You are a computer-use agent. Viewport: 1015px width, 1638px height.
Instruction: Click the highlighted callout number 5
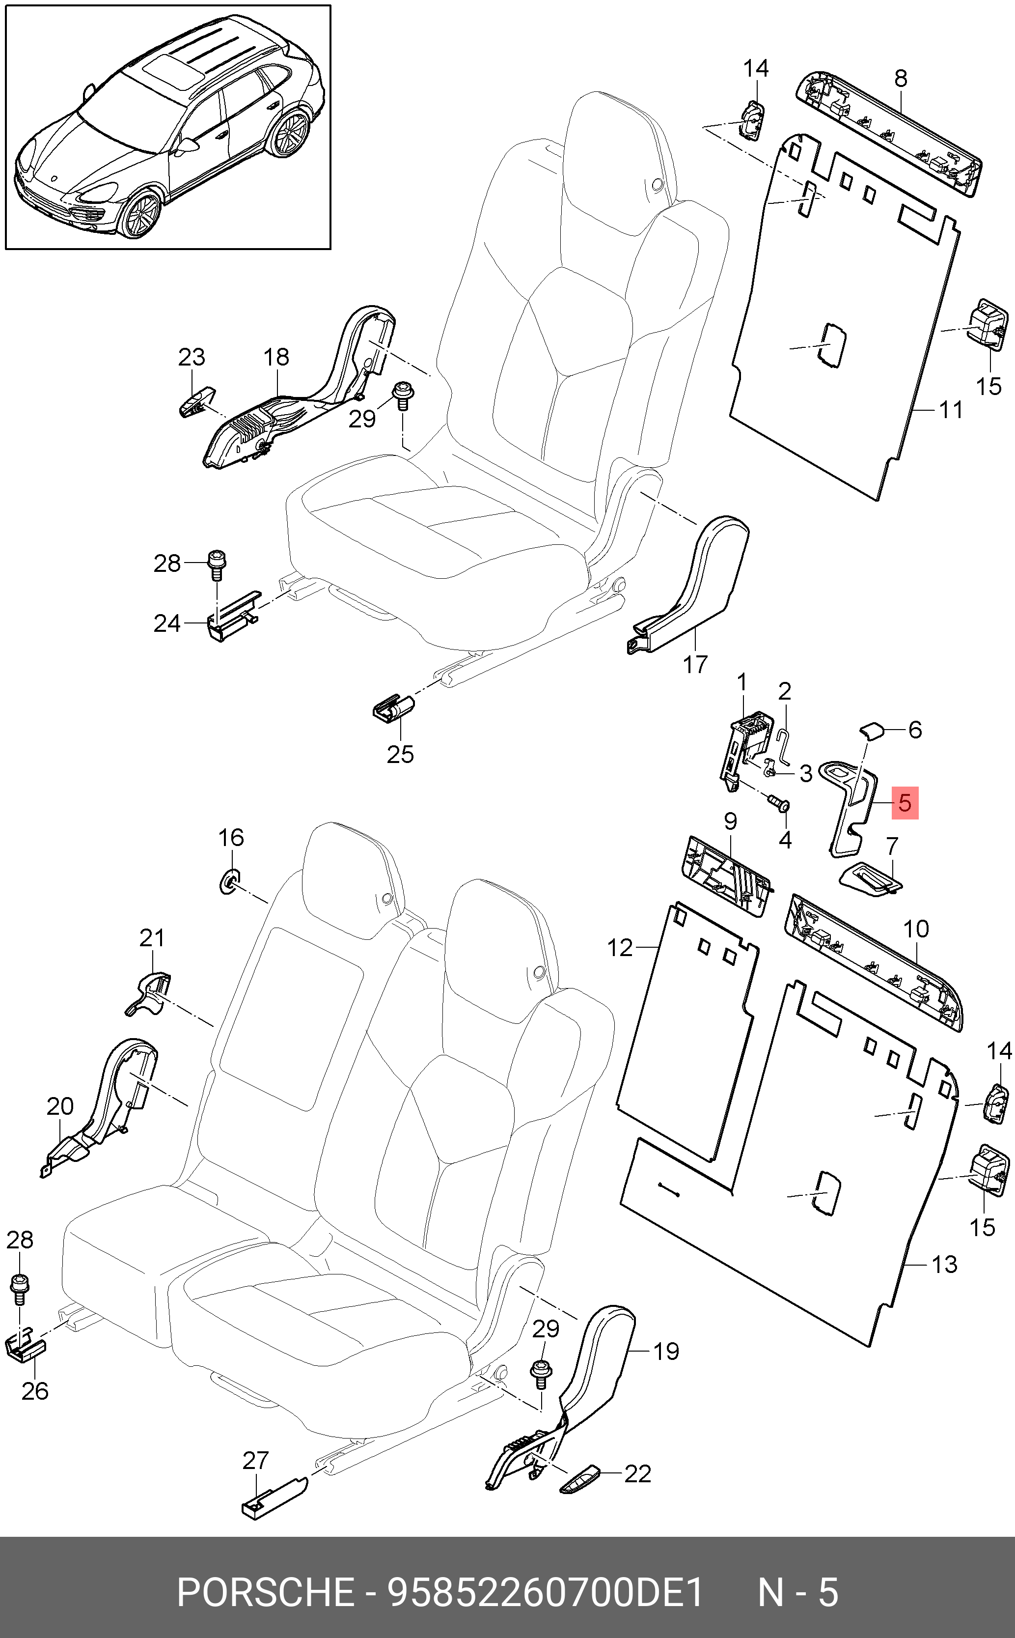904,803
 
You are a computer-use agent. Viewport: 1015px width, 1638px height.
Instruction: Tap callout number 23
192,357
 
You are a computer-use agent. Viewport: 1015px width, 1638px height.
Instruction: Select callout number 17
695,664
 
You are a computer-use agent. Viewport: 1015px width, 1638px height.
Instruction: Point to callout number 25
400,754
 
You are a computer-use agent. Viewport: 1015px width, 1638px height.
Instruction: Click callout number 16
231,838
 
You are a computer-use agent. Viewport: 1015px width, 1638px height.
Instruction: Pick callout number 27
256,1460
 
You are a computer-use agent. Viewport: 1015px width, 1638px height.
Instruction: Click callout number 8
901,79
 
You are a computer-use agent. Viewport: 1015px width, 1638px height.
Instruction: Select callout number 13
944,1264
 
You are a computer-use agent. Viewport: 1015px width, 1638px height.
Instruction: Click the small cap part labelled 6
873,730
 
